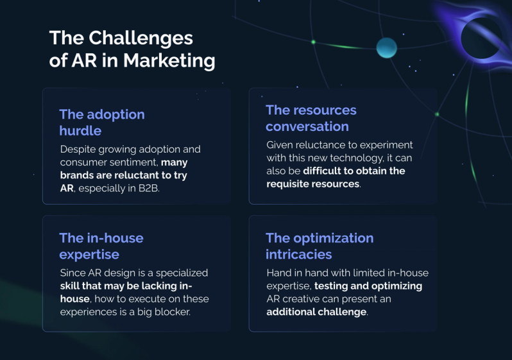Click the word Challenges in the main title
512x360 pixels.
coord(141,38)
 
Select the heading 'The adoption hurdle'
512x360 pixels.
coord(101,123)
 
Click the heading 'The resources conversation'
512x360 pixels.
coord(311,118)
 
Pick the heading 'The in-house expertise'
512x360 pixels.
coord(101,246)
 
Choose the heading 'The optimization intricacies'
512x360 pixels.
coord(320,246)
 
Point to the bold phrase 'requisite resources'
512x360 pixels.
coord(313,184)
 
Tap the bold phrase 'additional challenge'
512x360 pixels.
coord(317,312)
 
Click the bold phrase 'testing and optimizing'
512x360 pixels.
coord(368,286)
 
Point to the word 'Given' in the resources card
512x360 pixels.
coord(280,145)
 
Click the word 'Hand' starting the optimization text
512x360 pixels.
coord(279,273)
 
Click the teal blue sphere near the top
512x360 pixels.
coord(386,47)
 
